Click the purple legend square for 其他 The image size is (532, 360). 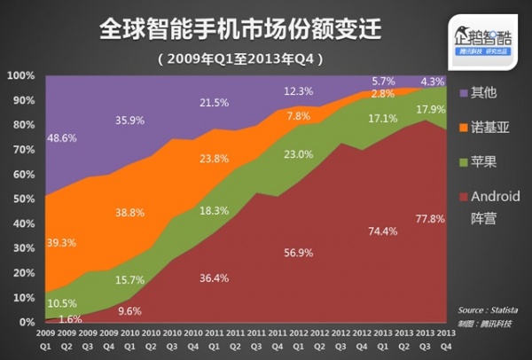point(463,92)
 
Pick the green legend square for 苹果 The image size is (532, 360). point(463,162)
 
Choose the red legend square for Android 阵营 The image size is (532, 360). point(463,197)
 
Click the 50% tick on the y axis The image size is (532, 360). point(22,199)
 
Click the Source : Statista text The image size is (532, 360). point(489,309)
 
